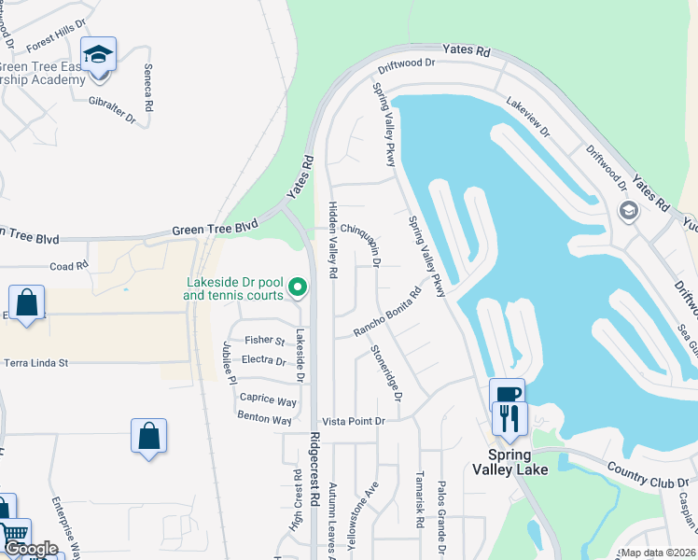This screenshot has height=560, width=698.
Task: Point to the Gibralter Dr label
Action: [x=112, y=109]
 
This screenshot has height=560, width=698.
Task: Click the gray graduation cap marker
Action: [x=628, y=211]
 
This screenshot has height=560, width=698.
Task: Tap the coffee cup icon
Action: [x=507, y=394]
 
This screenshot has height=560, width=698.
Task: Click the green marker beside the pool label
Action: [x=298, y=287]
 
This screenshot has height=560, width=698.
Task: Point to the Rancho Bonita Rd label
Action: [x=387, y=309]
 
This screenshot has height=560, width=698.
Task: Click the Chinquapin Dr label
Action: [x=360, y=243]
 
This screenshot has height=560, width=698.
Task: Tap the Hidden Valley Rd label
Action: [x=331, y=239]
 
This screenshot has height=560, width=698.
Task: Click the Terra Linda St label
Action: [x=37, y=363]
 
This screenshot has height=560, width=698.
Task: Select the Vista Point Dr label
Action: [x=353, y=422]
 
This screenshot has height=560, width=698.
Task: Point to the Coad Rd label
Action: [x=68, y=267]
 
